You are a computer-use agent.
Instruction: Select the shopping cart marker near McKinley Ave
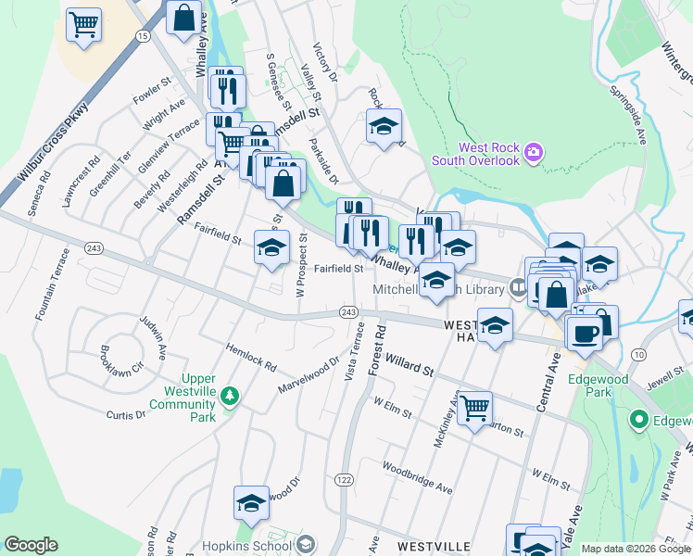[x=474, y=407]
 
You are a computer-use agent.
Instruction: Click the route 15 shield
[x=142, y=35]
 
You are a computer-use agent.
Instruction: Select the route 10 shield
[x=638, y=354]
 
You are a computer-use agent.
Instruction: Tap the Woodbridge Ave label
[x=416, y=477]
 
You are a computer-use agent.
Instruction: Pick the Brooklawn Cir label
[x=121, y=355]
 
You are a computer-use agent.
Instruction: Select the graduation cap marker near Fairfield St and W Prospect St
[x=271, y=248]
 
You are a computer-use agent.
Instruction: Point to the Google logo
[x=31, y=545]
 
